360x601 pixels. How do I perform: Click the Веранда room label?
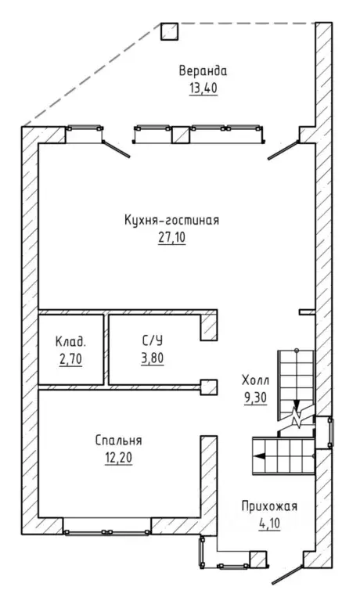pyautogui.click(x=203, y=71)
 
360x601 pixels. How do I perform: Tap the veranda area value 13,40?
pyautogui.click(x=203, y=88)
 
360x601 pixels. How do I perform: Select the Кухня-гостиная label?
pyautogui.click(x=171, y=221)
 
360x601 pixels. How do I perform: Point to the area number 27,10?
pyautogui.click(x=171, y=238)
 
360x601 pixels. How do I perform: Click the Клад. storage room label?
pyautogui.click(x=71, y=340)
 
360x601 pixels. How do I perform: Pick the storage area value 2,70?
pyautogui.click(x=71, y=359)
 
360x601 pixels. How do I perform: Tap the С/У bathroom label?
pyautogui.click(x=152, y=340)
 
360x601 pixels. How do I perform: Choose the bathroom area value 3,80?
pyautogui.click(x=152, y=358)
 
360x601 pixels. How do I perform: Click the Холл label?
pyautogui.click(x=255, y=380)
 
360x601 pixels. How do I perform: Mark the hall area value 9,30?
pyautogui.click(x=255, y=398)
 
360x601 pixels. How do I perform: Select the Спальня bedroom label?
pyautogui.click(x=118, y=441)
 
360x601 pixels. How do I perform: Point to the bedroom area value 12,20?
pyautogui.click(x=118, y=458)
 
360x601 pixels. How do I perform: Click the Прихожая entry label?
pyautogui.click(x=269, y=506)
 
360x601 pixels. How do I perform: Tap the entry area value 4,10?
pyautogui.click(x=269, y=524)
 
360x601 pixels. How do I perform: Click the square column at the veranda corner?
pyautogui.click(x=170, y=31)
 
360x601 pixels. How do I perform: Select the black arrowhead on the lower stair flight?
pyautogui.click(x=261, y=455)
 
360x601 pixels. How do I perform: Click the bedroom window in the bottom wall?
pyautogui.click(x=107, y=531)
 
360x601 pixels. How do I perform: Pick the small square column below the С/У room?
pyautogui.click(x=209, y=387)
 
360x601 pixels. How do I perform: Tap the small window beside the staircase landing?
pyautogui.click(x=330, y=433)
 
